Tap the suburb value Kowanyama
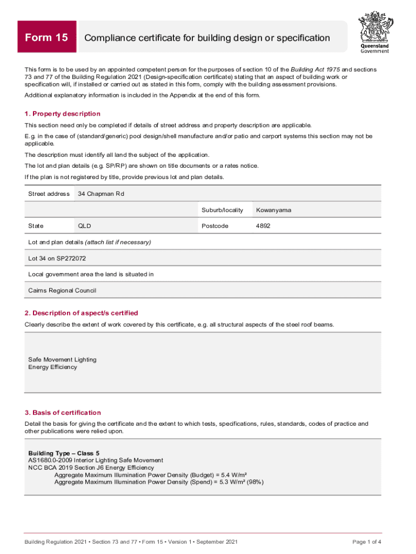pyautogui.click(x=273, y=210)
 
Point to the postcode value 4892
pyautogui.click(x=263, y=226)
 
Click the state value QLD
pyautogui.click(x=84, y=226)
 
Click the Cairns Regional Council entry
pyautogui.click(x=62, y=291)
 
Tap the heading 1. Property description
pyautogui.click(x=63, y=114)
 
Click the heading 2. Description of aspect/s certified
pyautogui.click(x=82, y=313)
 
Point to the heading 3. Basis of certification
pyautogui.click(x=63, y=412)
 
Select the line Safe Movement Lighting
pyautogui.click(x=62, y=359)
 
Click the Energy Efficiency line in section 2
pyautogui.click(x=52, y=367)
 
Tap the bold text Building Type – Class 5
pyautogui.click(x=64, y=452)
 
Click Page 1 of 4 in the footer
pyautogui.click(x=367, y=542)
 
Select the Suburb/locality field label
pyautogui.click(x=222, y=210)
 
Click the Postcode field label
pyautogui.click(x=215, y=226)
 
